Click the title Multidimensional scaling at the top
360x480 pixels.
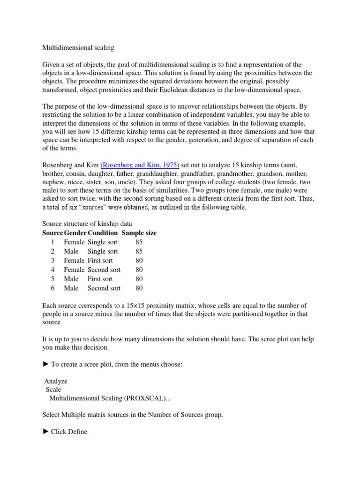pos(78,47)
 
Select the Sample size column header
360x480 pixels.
pos(139,232)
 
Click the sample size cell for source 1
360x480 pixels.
pos(139,242)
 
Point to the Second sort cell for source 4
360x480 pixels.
pos(104,270)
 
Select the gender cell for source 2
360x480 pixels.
pos(71,251)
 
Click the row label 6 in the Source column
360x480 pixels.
pos(53,288)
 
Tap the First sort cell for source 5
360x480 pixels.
pos(100,279)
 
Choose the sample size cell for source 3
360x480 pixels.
pos(139,260)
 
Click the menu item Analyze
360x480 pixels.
pos(56,381)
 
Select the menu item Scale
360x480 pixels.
pos(53,390)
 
